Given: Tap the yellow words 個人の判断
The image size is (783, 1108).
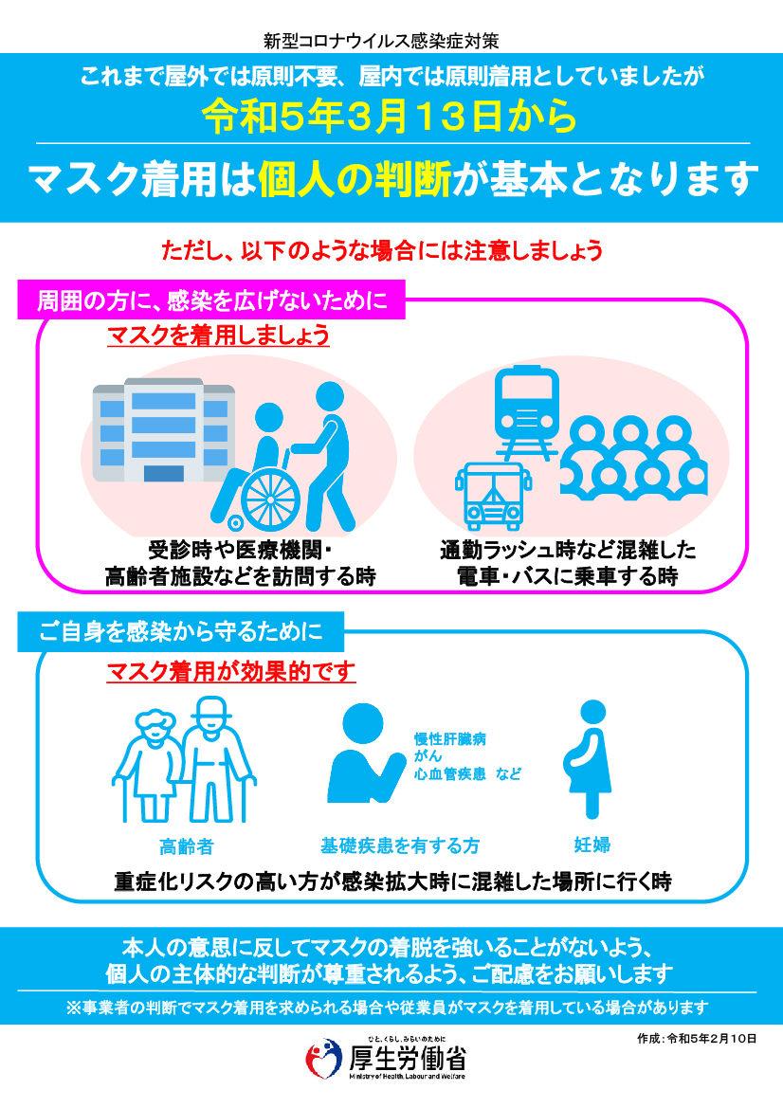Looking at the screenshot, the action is pos(355,179).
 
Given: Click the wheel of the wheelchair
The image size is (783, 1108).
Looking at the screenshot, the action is pos(271,499).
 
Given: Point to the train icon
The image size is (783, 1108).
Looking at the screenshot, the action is pos(527,412).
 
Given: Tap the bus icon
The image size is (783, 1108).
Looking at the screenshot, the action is pos(493,496).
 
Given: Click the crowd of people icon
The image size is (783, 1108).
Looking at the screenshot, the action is pos(633,457).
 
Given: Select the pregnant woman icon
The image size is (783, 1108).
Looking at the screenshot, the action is pos(588,759).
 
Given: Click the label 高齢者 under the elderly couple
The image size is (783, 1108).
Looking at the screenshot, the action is pos(186,845).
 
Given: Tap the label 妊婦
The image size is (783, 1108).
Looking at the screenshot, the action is pos(592,845).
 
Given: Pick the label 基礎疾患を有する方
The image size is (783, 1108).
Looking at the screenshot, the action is pos(400,845).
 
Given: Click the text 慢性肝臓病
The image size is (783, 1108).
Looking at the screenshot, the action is pos(450,739).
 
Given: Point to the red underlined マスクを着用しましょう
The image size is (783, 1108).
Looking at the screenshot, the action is pos(218,335).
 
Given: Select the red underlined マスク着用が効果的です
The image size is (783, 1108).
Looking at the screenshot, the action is pos(231,671).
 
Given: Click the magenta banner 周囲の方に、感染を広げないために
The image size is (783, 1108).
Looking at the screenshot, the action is pos(211,300).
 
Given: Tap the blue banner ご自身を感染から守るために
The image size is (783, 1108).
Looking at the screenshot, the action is pos(181,631).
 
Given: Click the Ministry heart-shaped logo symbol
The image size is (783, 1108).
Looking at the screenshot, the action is pos(323,1059).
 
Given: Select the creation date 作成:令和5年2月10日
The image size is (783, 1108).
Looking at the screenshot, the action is pos(697,1039).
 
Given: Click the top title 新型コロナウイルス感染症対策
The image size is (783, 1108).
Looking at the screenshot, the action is pos(382,41).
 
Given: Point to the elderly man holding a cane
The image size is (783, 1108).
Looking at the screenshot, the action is pos(215,759).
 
